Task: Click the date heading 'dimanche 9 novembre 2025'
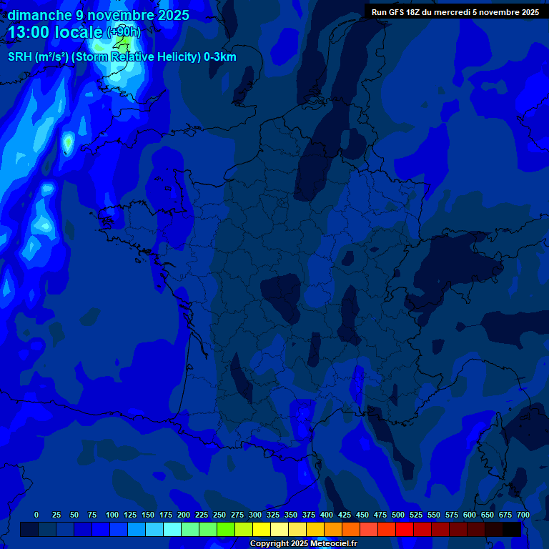click(99, 15)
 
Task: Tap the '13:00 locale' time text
click(56, 32)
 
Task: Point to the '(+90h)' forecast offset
click(124, 32)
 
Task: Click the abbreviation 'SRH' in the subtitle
click(20, 57)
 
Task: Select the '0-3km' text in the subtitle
click(219, 57)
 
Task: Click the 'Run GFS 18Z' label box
click(455, 11)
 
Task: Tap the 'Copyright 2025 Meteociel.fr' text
click(303, 544)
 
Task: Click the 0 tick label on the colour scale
click(36, 515)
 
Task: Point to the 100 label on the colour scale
click(112, 515)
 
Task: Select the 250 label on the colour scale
click(219, 515)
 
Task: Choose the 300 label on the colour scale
click(255, 515)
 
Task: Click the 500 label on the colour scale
click(398, 515)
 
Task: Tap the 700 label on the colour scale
click(523, 515)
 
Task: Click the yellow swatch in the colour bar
click(262, 529)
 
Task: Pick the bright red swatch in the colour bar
click(405, 529)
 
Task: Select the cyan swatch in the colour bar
click(172, 529)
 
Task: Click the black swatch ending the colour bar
click(512, 529)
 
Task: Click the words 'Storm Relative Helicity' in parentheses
click(137, 57)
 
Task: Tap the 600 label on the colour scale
click(470, 515)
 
